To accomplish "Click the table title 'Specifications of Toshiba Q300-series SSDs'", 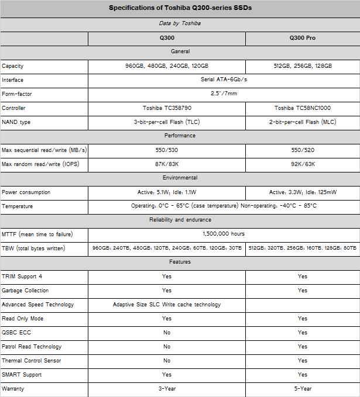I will (x=180, y=8).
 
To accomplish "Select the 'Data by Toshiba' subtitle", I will (x=180, y=23).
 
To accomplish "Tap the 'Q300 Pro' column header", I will (x=302, y=38).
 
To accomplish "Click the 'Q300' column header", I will (x=167, y=38).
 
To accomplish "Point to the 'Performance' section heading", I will (x=180, y=136).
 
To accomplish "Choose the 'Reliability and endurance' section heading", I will (x=180, y=220).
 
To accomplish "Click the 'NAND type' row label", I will (x=16, y=122).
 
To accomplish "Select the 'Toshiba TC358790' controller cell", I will (x=167, y=108).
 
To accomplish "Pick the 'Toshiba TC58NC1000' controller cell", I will (x=302, y=108).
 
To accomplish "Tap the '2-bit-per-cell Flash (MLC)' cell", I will (x=302, y=122).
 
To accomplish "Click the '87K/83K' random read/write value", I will (x=167, y=164).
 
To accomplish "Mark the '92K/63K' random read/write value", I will (x=302, y=164).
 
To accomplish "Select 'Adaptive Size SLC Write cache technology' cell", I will (x=167, y=305).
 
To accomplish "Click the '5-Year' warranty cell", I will (x=302, y=388).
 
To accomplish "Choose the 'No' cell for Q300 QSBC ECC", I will (x=167, y=333).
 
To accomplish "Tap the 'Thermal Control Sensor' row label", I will (x=32, y=361).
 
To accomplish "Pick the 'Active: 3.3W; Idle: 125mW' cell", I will (x=302, y=192).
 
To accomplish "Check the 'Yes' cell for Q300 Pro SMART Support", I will (x=302, y=375).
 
